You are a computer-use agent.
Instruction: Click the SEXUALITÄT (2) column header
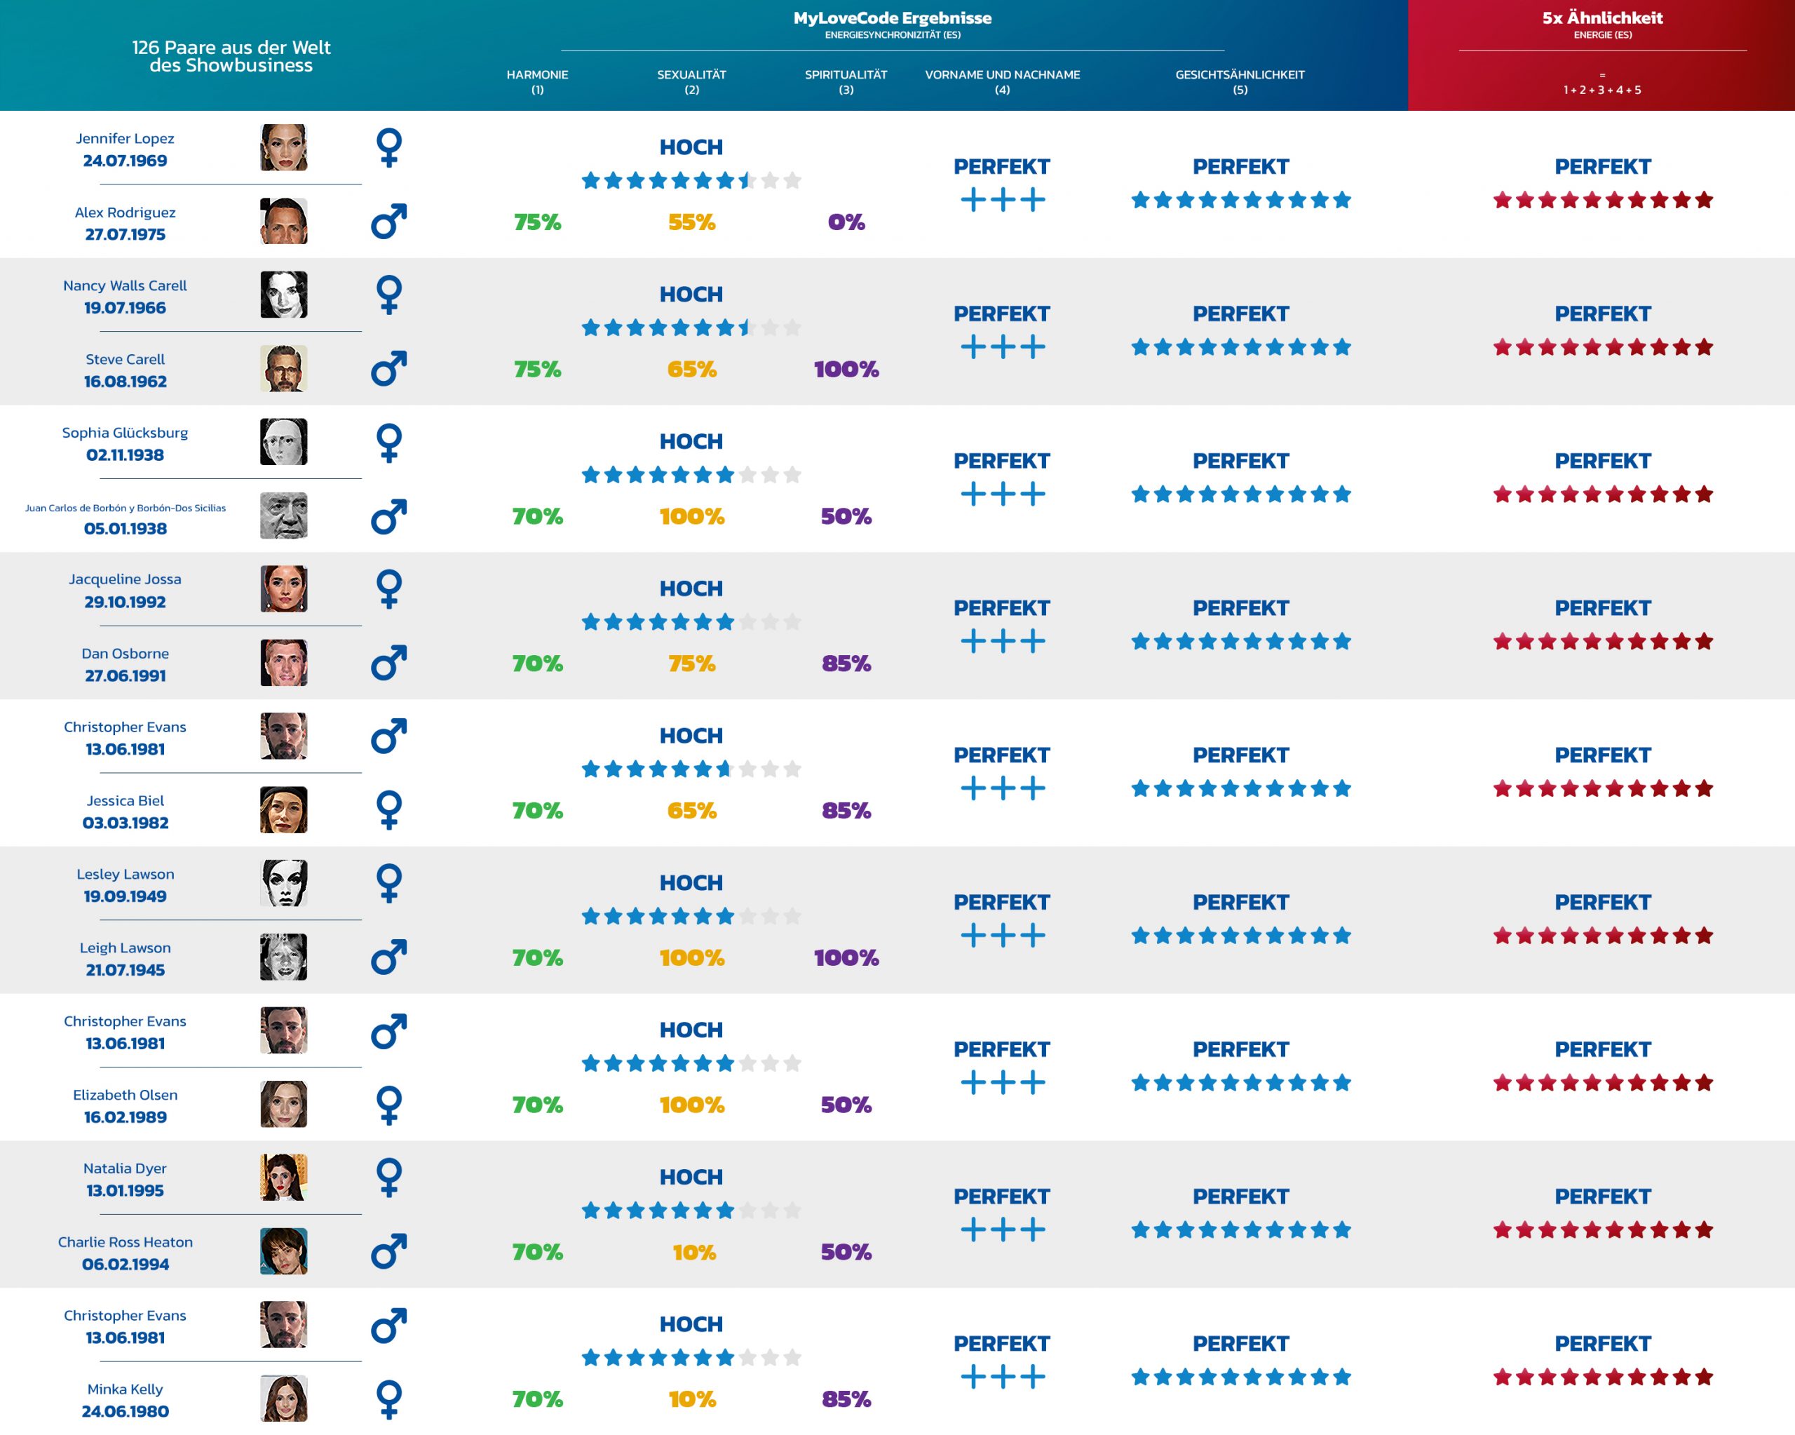click(691, 81)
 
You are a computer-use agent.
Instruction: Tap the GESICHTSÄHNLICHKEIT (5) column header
click(1240, 81)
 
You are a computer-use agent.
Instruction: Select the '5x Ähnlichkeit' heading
click(1602, 18)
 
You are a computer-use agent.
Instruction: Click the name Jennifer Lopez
click(125, 138)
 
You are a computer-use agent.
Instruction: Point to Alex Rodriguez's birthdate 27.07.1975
click(125, 235)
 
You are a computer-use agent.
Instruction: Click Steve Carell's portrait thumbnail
click(283, 368)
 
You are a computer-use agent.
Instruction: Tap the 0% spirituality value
click(846, 222)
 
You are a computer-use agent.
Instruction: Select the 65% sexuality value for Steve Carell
click(691, 370)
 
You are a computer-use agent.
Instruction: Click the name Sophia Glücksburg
click(125, 432)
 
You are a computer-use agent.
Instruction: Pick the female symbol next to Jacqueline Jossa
click(389, 589)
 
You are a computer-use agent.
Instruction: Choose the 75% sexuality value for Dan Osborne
click(691, 663)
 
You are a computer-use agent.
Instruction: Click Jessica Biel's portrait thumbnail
click(283, 809)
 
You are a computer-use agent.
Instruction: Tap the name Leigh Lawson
click(125, 948)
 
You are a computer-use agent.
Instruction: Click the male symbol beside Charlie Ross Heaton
click(389, 1251)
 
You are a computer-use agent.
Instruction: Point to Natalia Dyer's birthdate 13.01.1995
click(125, 1191)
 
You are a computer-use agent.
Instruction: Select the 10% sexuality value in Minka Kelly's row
click(691, 1399)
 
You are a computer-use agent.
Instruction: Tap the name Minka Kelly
click(125, 1389)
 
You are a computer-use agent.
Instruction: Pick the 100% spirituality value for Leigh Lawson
click(846, 958)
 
